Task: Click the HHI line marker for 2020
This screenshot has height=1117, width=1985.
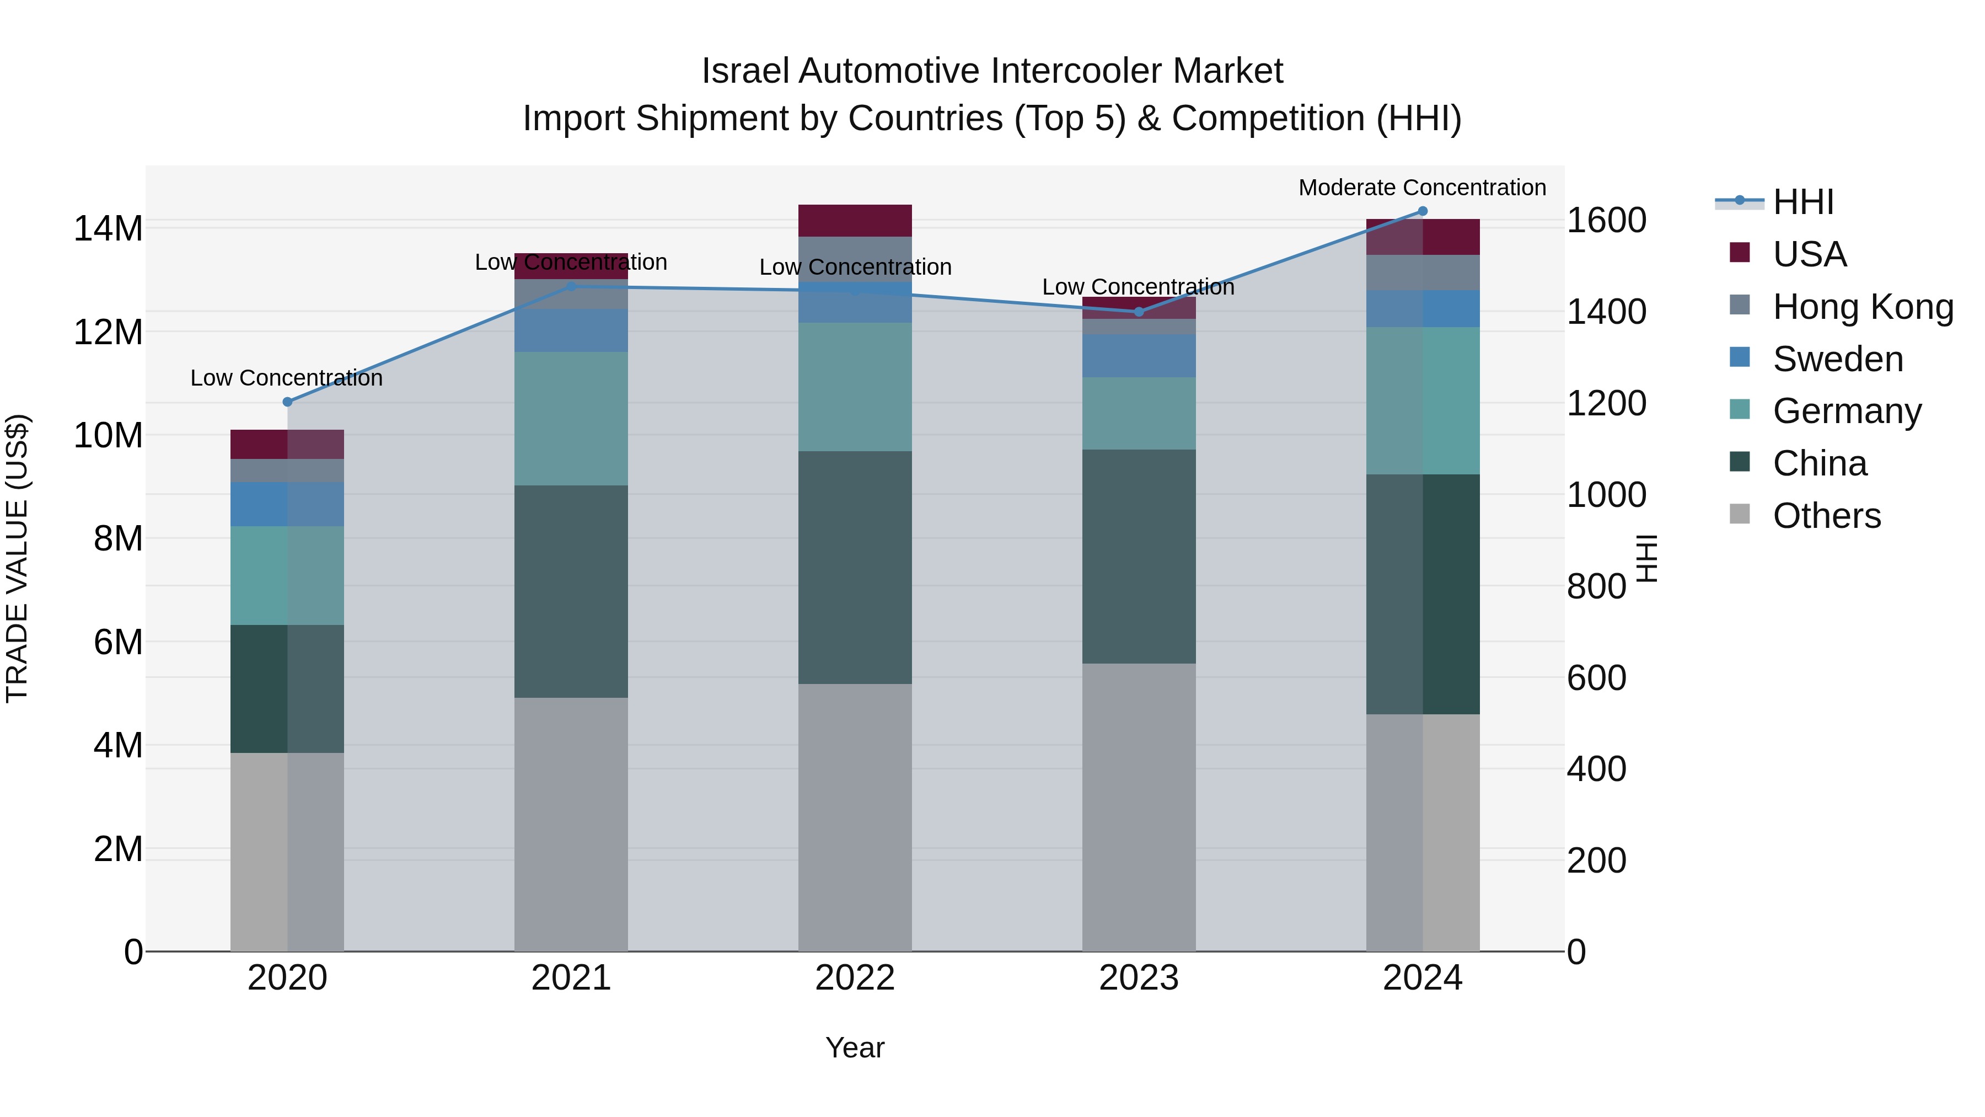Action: click(x=287, y=402)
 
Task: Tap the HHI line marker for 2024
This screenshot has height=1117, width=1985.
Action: click(x=1423, y=211)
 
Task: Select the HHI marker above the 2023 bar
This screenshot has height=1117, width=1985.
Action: click(x=1139, y=312)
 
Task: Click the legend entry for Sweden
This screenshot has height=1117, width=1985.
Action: click(x=1837, y=359)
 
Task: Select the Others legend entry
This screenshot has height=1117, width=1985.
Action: click(x=1826, y=516)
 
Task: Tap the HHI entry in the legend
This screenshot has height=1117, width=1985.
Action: click(x=1802, y=202)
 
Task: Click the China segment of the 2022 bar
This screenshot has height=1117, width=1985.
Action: click(x=855, y=568)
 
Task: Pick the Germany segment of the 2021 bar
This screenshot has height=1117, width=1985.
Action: click(x=571, y=419)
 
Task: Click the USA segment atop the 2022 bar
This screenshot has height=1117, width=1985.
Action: click(x=855, y=221)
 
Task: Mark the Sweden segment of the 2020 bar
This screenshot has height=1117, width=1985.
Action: click(x=287, y=504)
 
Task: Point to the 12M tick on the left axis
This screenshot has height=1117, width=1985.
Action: click(x=108, y=332)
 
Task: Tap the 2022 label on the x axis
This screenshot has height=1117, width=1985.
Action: click(x=855, y=978)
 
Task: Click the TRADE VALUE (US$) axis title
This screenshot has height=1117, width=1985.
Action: click(x=17, y=558)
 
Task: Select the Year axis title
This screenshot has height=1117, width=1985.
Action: click(x=855, y=1047)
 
